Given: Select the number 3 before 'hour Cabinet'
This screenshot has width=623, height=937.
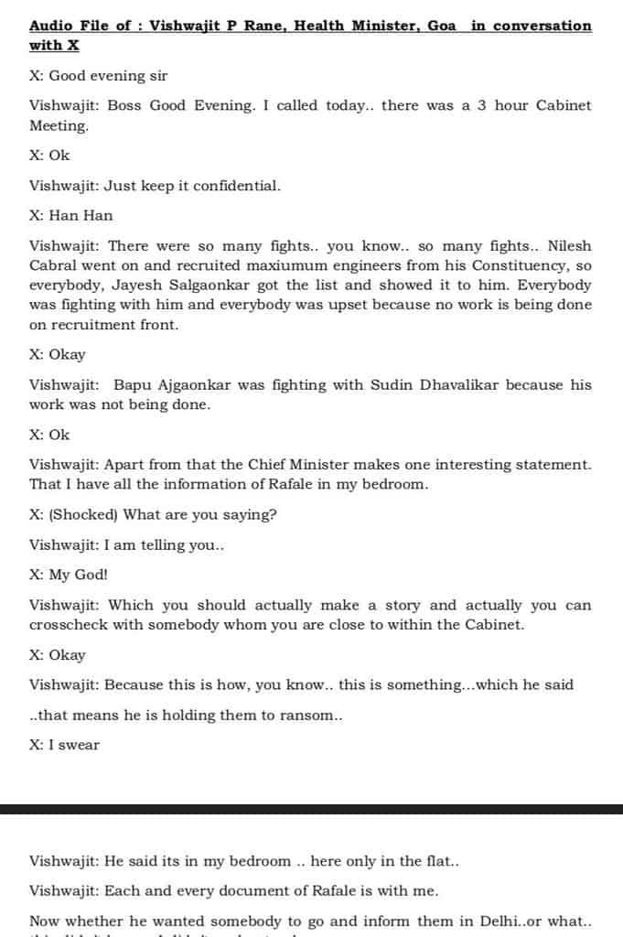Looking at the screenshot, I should [485, 105].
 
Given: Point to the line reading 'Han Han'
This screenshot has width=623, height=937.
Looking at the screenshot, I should [81, 216].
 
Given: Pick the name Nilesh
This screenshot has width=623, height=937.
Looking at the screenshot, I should [569, 246].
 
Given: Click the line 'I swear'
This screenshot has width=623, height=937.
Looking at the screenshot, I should [74, 745].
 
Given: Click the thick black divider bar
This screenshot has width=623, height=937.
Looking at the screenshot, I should [311, 809].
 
